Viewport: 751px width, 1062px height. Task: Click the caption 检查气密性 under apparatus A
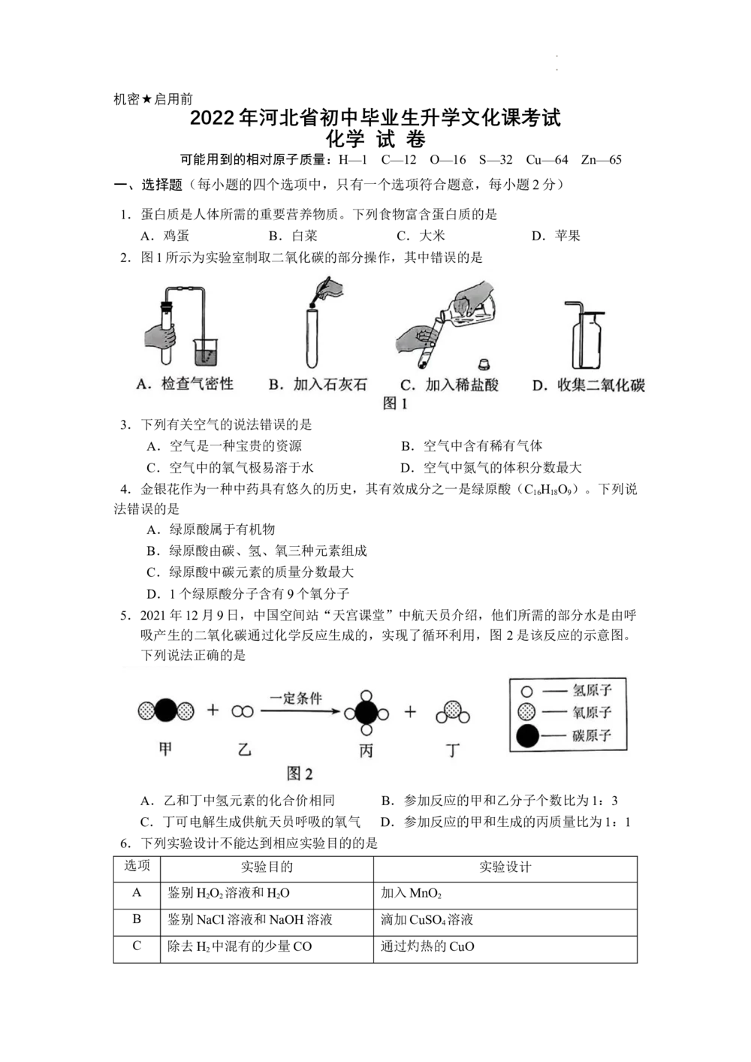pyautogui.click(x=198, y=385)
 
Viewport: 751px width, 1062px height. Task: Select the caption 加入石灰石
pyautogui.click(x=330, y=385)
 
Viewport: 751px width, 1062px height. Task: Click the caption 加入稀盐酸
pyautogui.click(x=461, y=385)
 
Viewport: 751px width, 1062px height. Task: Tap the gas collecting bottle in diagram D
pyautogui.click(x=588, y=342)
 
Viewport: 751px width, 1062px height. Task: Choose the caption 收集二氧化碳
pyautogui.click(x=601, y=385)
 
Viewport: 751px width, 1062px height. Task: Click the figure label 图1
pyautogui.click(x=395, y=403)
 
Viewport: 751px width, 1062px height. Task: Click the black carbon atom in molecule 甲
pyautogui.click(x=166, y=710)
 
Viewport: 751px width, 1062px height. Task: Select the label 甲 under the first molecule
pyautogui.click(x=165, y=749)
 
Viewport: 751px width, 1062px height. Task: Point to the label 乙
pyautogui.click(x=243, y=749)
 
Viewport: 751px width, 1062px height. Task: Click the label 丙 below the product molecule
pyautogui.click(x=366, y=750)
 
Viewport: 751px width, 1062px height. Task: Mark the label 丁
pyautogui.click(x=452, y=750)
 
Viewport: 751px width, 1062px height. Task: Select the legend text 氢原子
pyautogui.click(x=592, y=689)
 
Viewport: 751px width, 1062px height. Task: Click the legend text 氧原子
pyautogui.click(x=592, y=712)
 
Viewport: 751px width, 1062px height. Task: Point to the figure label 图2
pyautogui.click(x=300, y=774)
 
